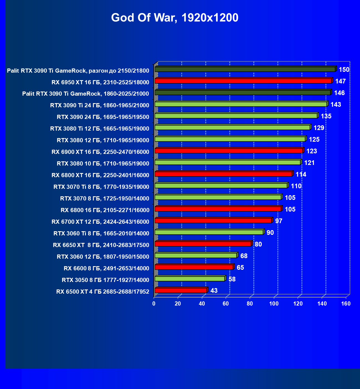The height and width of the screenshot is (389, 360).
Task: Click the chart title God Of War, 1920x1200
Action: pos(175,18)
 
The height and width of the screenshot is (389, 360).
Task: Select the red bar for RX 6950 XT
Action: pos(243,81)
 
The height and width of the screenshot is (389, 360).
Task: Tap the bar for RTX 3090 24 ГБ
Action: pos(236,116)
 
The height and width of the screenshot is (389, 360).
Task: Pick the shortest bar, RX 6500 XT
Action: pos(181,290)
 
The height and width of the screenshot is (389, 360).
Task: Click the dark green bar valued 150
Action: pos(245,69)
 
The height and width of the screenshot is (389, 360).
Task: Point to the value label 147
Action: pos(340,81)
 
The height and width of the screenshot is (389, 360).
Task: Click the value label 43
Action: pos(214,291)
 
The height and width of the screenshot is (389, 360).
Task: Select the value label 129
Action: pos(319,128)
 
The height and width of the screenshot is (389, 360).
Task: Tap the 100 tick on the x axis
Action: pos(274,304)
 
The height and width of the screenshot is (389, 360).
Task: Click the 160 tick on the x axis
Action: pos(346,304)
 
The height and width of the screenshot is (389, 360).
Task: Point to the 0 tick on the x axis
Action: pos(154,304)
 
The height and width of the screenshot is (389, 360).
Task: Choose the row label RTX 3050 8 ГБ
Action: pos(106,280)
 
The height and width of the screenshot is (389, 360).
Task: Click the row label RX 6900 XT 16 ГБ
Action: pos(100,152)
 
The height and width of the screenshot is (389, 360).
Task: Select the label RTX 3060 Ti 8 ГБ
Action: pos(101,233)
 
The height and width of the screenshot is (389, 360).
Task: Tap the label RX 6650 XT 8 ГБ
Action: pos(101,245)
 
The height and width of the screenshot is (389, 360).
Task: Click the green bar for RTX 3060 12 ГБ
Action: pos(196,255)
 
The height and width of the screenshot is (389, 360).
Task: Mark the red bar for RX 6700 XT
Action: pos(213,221)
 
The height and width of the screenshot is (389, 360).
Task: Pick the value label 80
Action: pos(258,244)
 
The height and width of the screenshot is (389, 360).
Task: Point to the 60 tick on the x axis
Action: pos(226,304)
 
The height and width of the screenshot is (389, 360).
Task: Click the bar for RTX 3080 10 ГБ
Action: pos(228,162)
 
